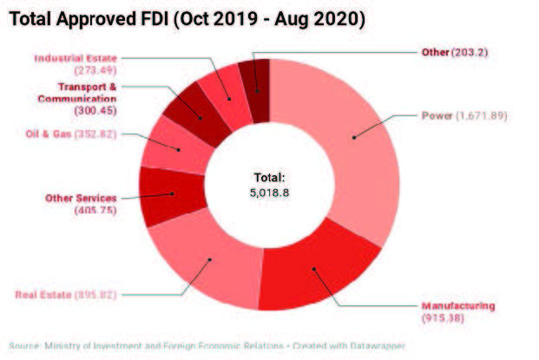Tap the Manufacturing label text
tap(458, 306)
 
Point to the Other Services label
tap(80, 199)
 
